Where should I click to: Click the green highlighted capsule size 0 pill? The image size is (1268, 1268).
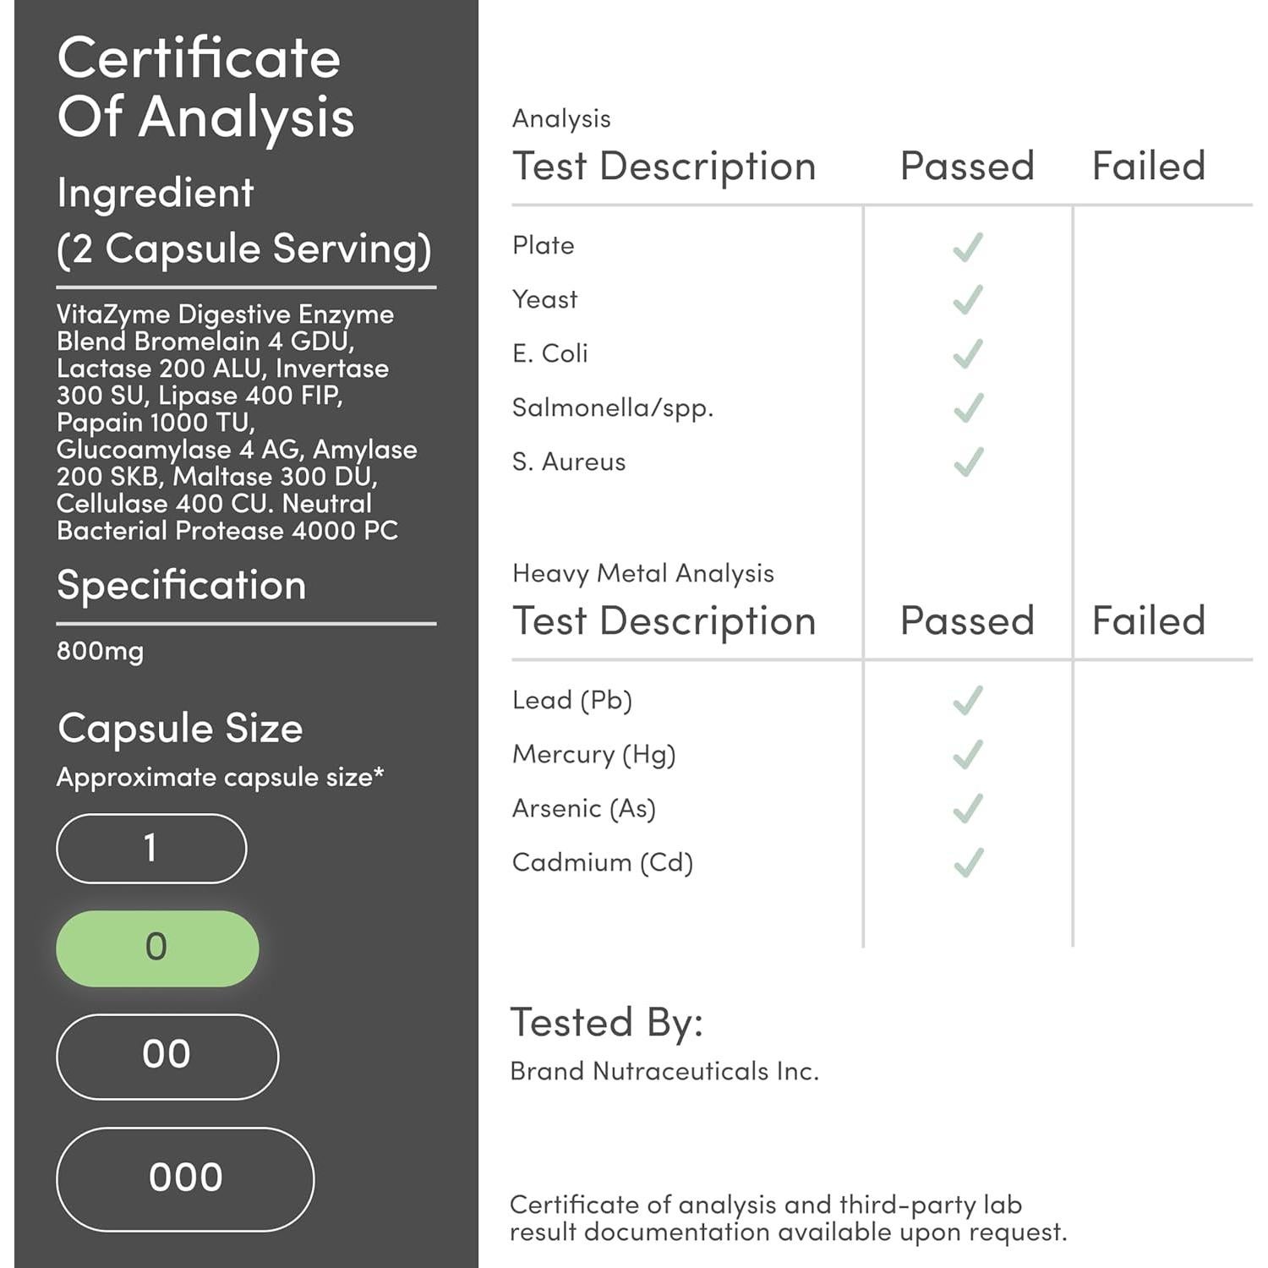[x=157, y=948]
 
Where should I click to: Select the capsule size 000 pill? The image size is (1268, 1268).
[x=185, y=1178]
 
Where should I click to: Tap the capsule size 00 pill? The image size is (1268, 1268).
[x=167, y=1056]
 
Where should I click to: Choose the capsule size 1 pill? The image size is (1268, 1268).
[x=151, y=848]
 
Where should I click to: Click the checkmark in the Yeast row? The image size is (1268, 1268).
[x=968, y=300]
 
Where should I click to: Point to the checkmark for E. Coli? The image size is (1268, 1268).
[x=968, y=354]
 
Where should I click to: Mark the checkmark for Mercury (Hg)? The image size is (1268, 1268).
[x=968, y=754]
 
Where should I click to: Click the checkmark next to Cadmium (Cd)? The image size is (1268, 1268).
[x=968, y=862]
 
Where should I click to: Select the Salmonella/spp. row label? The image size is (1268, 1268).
[x=613, y=408]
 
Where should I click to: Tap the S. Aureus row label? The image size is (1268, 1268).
[x=569, y=462]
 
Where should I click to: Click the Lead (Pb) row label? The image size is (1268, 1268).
[x=572, y=701]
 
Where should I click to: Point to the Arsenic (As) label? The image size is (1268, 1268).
[x=584, y=809]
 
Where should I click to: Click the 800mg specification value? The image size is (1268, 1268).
[x=101, y=651]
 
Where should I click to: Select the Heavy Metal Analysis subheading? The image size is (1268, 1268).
[x=643, y=573]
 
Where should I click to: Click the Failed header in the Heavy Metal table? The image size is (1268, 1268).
[x=1148, y=620]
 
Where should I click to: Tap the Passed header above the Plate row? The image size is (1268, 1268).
[x=967, y=166]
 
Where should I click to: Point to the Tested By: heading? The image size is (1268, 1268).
[x=607, y=1022]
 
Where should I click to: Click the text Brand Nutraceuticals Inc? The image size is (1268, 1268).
[x=664, y=1071]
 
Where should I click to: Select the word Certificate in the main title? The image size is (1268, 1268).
[x=199, y=58]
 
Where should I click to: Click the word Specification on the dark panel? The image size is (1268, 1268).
[x=181, y=585]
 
